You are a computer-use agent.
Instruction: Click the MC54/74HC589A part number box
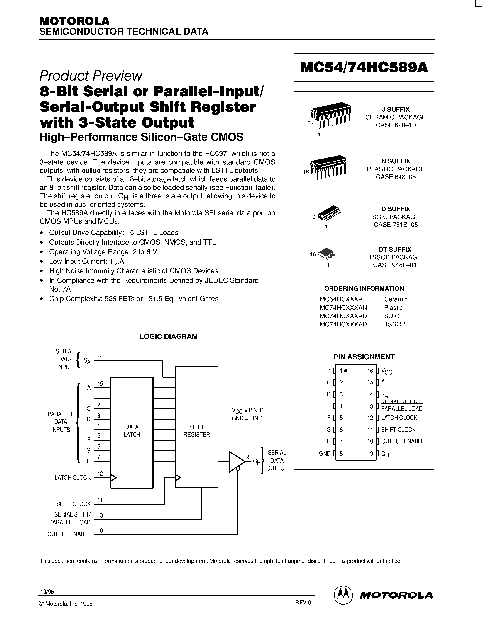pyautogui.click(x=364, y=67)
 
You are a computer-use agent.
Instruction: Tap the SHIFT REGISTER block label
pyautogui.click(x=196, y=431)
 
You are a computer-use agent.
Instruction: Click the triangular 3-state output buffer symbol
pyautogui.click(x=236, y=461)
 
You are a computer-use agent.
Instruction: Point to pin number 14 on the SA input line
pyautogui.click(x=100, y=357)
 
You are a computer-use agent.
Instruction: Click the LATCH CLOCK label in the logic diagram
pyautogui.click(x=73, y=478)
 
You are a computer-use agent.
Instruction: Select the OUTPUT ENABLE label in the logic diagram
pyautogui.click(x=69, y=534)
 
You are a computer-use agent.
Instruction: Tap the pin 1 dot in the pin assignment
pyautogui.click(x=346, y=371)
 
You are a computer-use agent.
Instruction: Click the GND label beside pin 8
pyautogui.click(x=325, y=454)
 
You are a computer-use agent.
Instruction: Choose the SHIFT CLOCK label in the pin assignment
pyautogui.click(x=398, y=430)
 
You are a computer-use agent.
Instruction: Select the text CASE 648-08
pyautogui.click(x=396, y=177)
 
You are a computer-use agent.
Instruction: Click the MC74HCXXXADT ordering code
pyautogui.click(x=345, y=324)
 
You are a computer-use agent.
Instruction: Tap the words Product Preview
pyautogui.click(x=91, y=76)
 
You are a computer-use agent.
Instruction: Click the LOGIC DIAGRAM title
pyautogui.click(x=169, y=337)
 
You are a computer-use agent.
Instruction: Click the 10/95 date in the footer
pyautogui.click(x=47, y=592)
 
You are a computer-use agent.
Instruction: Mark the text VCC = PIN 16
pyautogui.click(x=248, y=411)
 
